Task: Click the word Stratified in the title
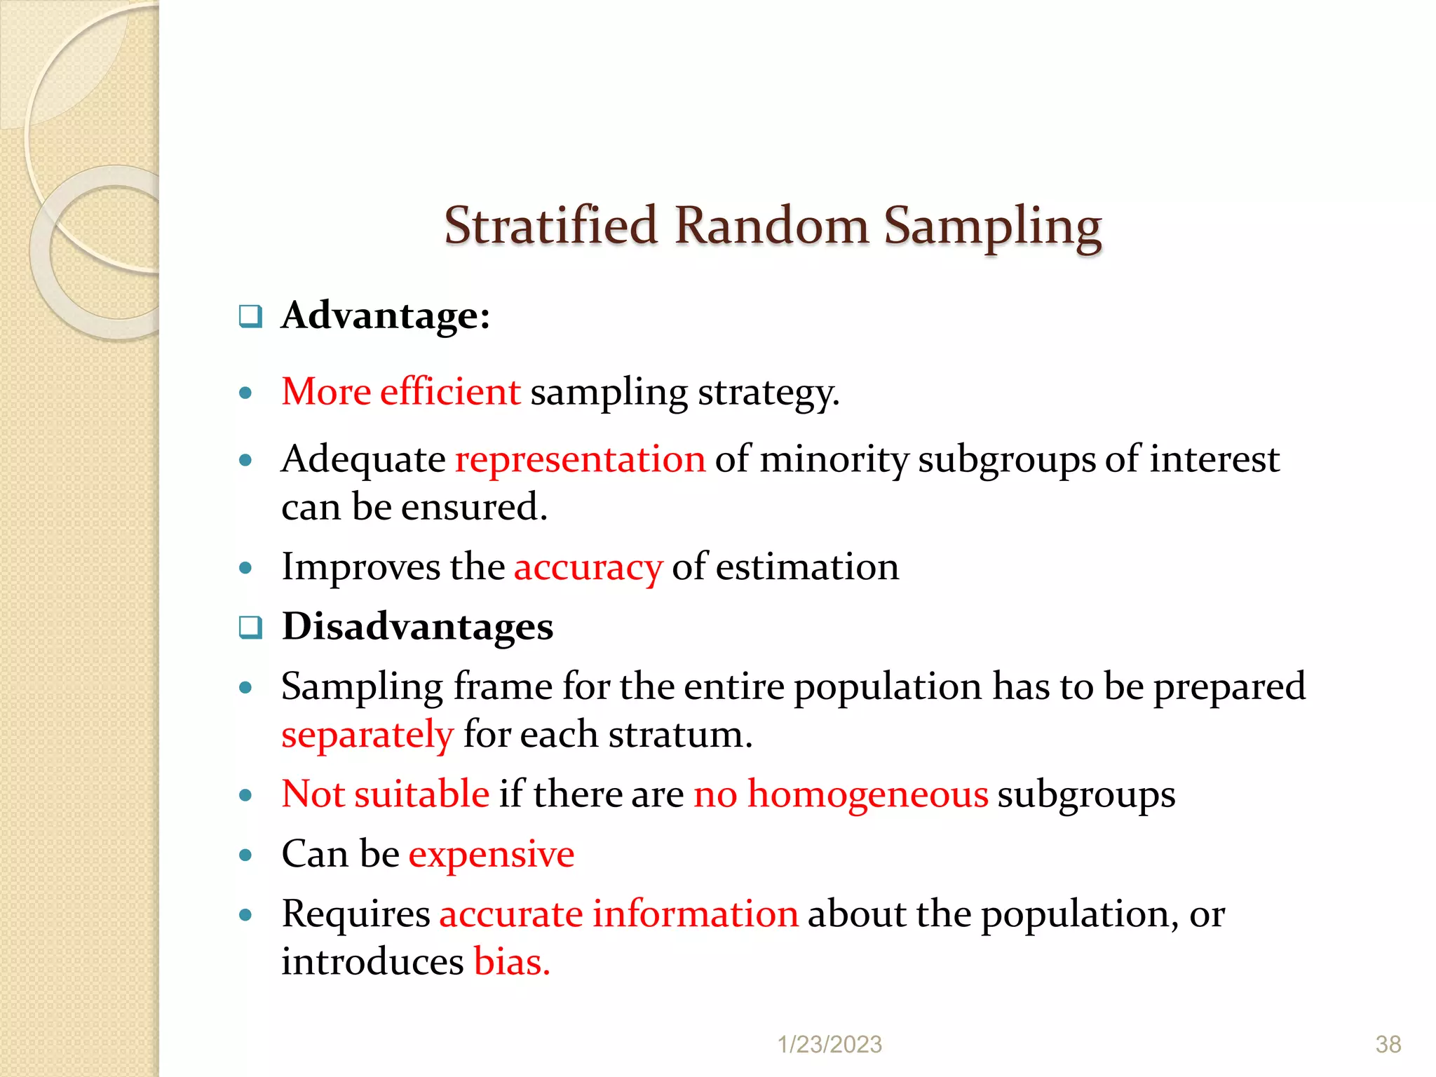[551, 226]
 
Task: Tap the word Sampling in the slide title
[992, 228]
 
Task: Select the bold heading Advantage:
[386, 316]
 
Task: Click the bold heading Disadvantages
[417, 626]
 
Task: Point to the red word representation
[580, 460]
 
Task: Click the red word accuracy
[588, 567]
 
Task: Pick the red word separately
[367, 736]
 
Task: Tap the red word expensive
[491, 855]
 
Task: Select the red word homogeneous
[867, 795]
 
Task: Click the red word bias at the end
[511, 962]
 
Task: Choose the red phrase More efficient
[400, 392]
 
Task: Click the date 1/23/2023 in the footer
[829, 1045]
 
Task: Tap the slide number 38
[1388, 1045]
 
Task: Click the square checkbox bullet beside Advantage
[250, 317]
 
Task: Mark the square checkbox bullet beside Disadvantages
[250, 628]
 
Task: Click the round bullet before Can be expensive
[245, 855]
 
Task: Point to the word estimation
[807, 567]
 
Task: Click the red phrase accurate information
[618, 914]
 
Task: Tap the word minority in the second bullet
[834, 460]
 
